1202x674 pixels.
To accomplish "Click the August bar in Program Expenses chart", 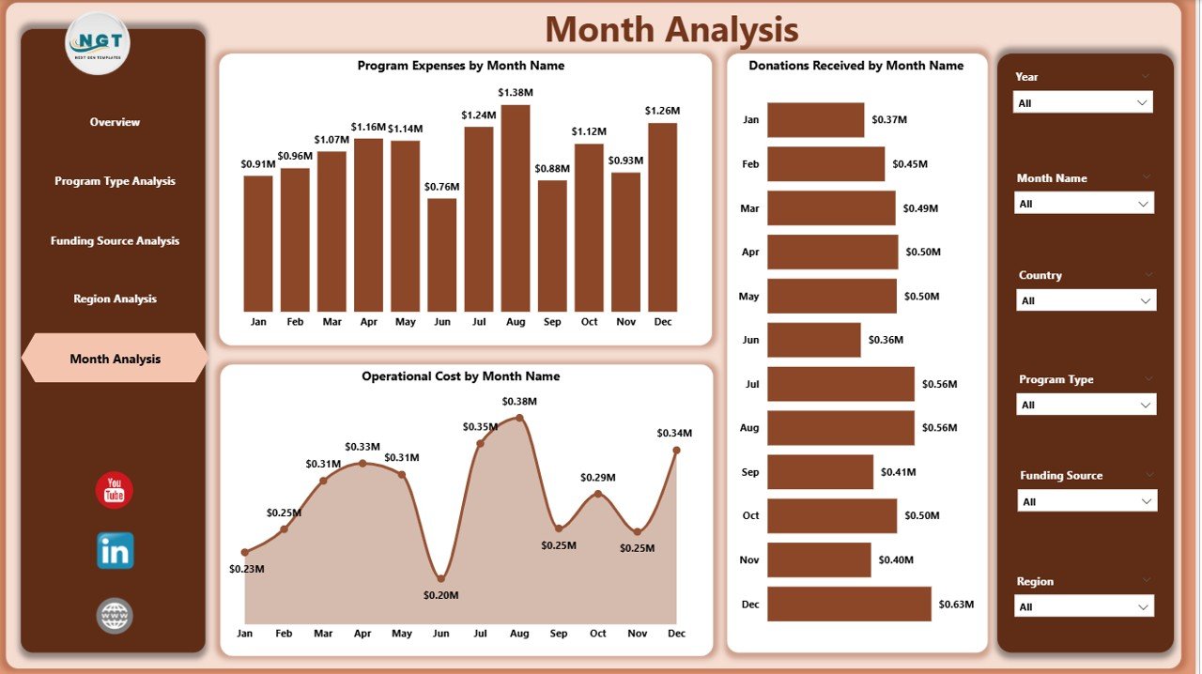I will (x=515, y=207).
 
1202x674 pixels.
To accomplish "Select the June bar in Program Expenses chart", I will (x=441, y=254).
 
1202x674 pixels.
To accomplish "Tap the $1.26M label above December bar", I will (x=662, y=111).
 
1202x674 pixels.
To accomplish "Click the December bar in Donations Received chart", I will (x=849, y=604).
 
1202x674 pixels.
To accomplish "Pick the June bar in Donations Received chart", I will (x=813, y=340).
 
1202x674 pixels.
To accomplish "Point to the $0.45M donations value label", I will (x=910, y=164).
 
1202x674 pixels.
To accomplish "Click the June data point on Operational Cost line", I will (x=441, y=578).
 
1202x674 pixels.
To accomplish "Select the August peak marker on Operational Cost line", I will (x=519, y=419).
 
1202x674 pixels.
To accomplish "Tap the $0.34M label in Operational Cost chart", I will (x=673, y=433).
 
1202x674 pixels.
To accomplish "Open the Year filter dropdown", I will (x=1083, y=102).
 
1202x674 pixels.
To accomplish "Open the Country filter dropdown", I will (x=1086, y=300).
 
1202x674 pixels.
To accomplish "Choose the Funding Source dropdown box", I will (x=1087, y=501).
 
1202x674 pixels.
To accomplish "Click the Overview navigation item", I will (x=115, y=122).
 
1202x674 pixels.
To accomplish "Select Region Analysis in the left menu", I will (x=115, y=299).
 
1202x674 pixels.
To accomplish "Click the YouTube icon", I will (x=115, y=490).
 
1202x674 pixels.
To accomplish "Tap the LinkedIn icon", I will (x=115, y=551).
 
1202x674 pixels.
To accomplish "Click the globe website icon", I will (x=115, y=616).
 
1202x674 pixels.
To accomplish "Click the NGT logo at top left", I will (x=98, y=42).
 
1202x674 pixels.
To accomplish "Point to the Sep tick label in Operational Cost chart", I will (x=558, y=634).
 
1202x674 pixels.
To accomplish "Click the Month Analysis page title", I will (x=671, y=30).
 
